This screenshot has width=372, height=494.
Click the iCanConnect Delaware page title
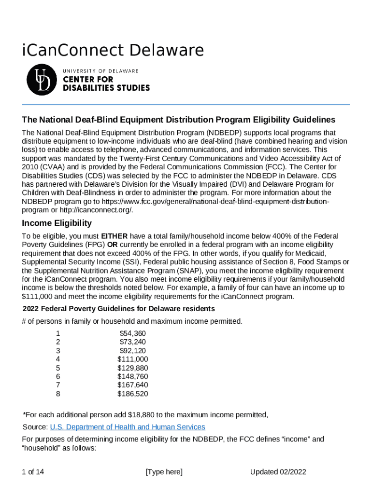coord(113,50)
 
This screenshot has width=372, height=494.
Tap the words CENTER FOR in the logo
coord(88,80)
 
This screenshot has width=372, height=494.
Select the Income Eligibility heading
coord(57,223)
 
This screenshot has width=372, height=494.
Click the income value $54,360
coord(132,333)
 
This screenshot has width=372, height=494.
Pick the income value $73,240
coord(132,342)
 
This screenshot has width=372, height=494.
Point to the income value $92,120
coord(132,351)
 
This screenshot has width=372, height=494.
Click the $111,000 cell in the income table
coord(132,359)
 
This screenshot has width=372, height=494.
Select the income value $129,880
coord(132,368)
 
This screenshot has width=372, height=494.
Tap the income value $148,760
coord(132,377)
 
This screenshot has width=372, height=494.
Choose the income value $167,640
coord(132,385)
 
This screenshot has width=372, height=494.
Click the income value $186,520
coord(132,394)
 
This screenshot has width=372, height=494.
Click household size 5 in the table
coord(58,368)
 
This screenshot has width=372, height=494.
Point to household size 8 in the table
coord(58,394)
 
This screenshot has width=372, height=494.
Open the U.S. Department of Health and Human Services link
coord(128,427)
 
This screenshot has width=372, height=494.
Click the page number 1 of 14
coord(33,472)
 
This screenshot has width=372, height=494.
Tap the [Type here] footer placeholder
coord(164,472)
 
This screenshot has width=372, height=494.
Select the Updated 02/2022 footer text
coord(278,472)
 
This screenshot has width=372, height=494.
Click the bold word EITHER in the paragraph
coord(114,236)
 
